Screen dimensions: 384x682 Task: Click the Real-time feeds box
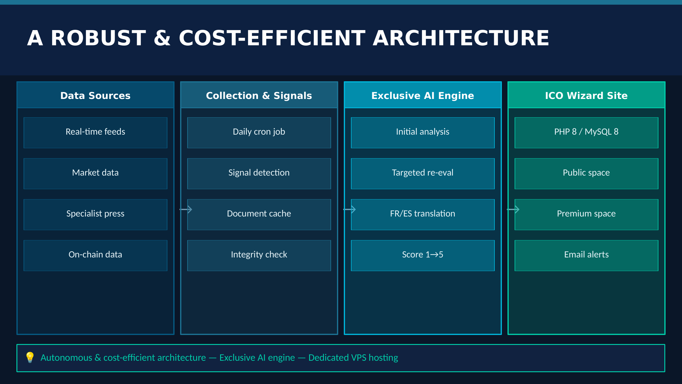(x=95, y=132)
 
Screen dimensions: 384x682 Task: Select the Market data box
(x=95, y=173)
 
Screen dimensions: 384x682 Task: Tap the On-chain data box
(x=95, y=255)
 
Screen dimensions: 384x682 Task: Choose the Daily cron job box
(x=259, y=132)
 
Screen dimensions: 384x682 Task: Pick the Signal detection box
(x=259, y=173)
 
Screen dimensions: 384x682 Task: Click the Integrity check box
(x=259, y=255)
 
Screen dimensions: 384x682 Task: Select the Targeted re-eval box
(x=423, y=173)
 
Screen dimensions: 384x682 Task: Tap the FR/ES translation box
(x=423, y=214)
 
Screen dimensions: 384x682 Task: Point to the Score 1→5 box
(x=423, y=255)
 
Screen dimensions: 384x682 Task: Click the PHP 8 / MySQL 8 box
(x=586, y=132)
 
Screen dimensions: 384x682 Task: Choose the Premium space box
(x=586, y=214)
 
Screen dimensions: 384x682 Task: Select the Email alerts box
(x=586, y=255)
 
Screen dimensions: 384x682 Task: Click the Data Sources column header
(x=95, y=95)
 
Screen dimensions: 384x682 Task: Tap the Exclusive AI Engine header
(x=423, y=95)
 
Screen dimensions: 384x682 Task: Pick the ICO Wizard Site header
(x=586, y=95)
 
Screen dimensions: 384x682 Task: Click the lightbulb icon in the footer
(x=30, y=357)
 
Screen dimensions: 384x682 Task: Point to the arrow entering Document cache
(x=186, y=210)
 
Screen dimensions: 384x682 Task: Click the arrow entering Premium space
(x=513, y=210)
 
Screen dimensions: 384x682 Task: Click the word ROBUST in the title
(x=98, y=38)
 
